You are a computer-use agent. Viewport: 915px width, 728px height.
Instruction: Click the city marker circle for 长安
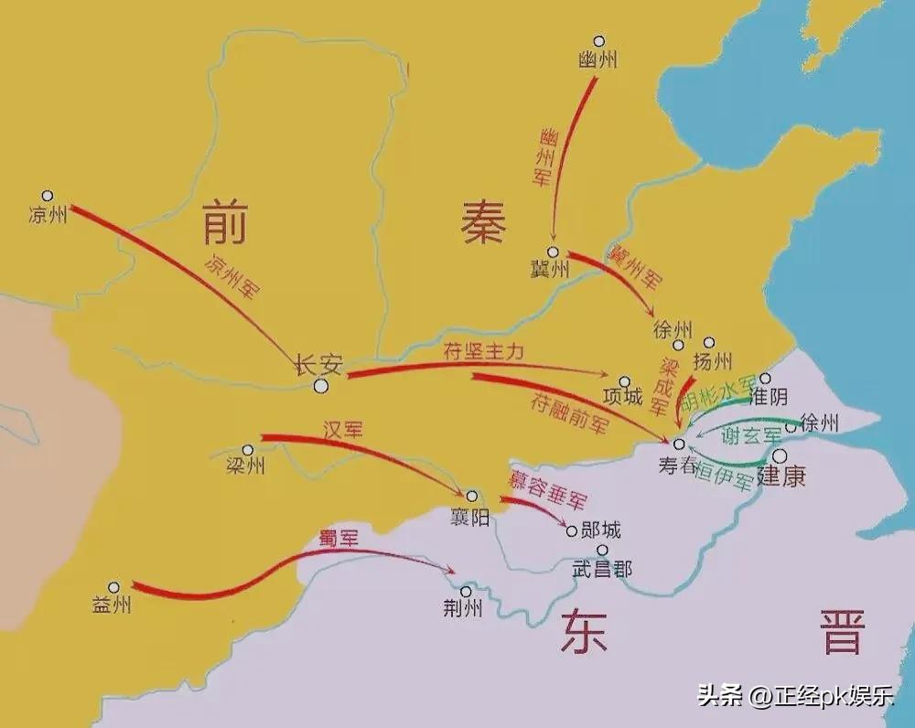(x=321, y=387)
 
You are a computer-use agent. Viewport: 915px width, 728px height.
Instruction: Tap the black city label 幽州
(x=598, y=60)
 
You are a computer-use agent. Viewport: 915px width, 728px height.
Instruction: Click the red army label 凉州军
(x=231, y=275)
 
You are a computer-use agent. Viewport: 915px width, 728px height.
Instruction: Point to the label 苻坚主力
(x=484, y=352)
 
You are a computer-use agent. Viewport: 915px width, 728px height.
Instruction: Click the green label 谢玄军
(x=752, y=436)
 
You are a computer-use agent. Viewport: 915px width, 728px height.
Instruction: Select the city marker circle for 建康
(x=780, y=455)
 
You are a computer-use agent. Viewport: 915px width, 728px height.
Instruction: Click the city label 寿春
(x=678, y=465)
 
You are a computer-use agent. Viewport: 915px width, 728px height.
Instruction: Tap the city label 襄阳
(x=468, y=518)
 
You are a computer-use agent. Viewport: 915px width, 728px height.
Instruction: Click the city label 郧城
(x=601, y=530)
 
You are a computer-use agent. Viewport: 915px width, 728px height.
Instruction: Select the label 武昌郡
(x=602, y=569)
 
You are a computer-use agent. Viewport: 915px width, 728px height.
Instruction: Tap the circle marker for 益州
(x=113, y=588)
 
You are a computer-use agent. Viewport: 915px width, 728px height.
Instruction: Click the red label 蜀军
(x=338, y=539)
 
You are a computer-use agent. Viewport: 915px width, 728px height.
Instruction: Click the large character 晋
(x=842, y=633)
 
